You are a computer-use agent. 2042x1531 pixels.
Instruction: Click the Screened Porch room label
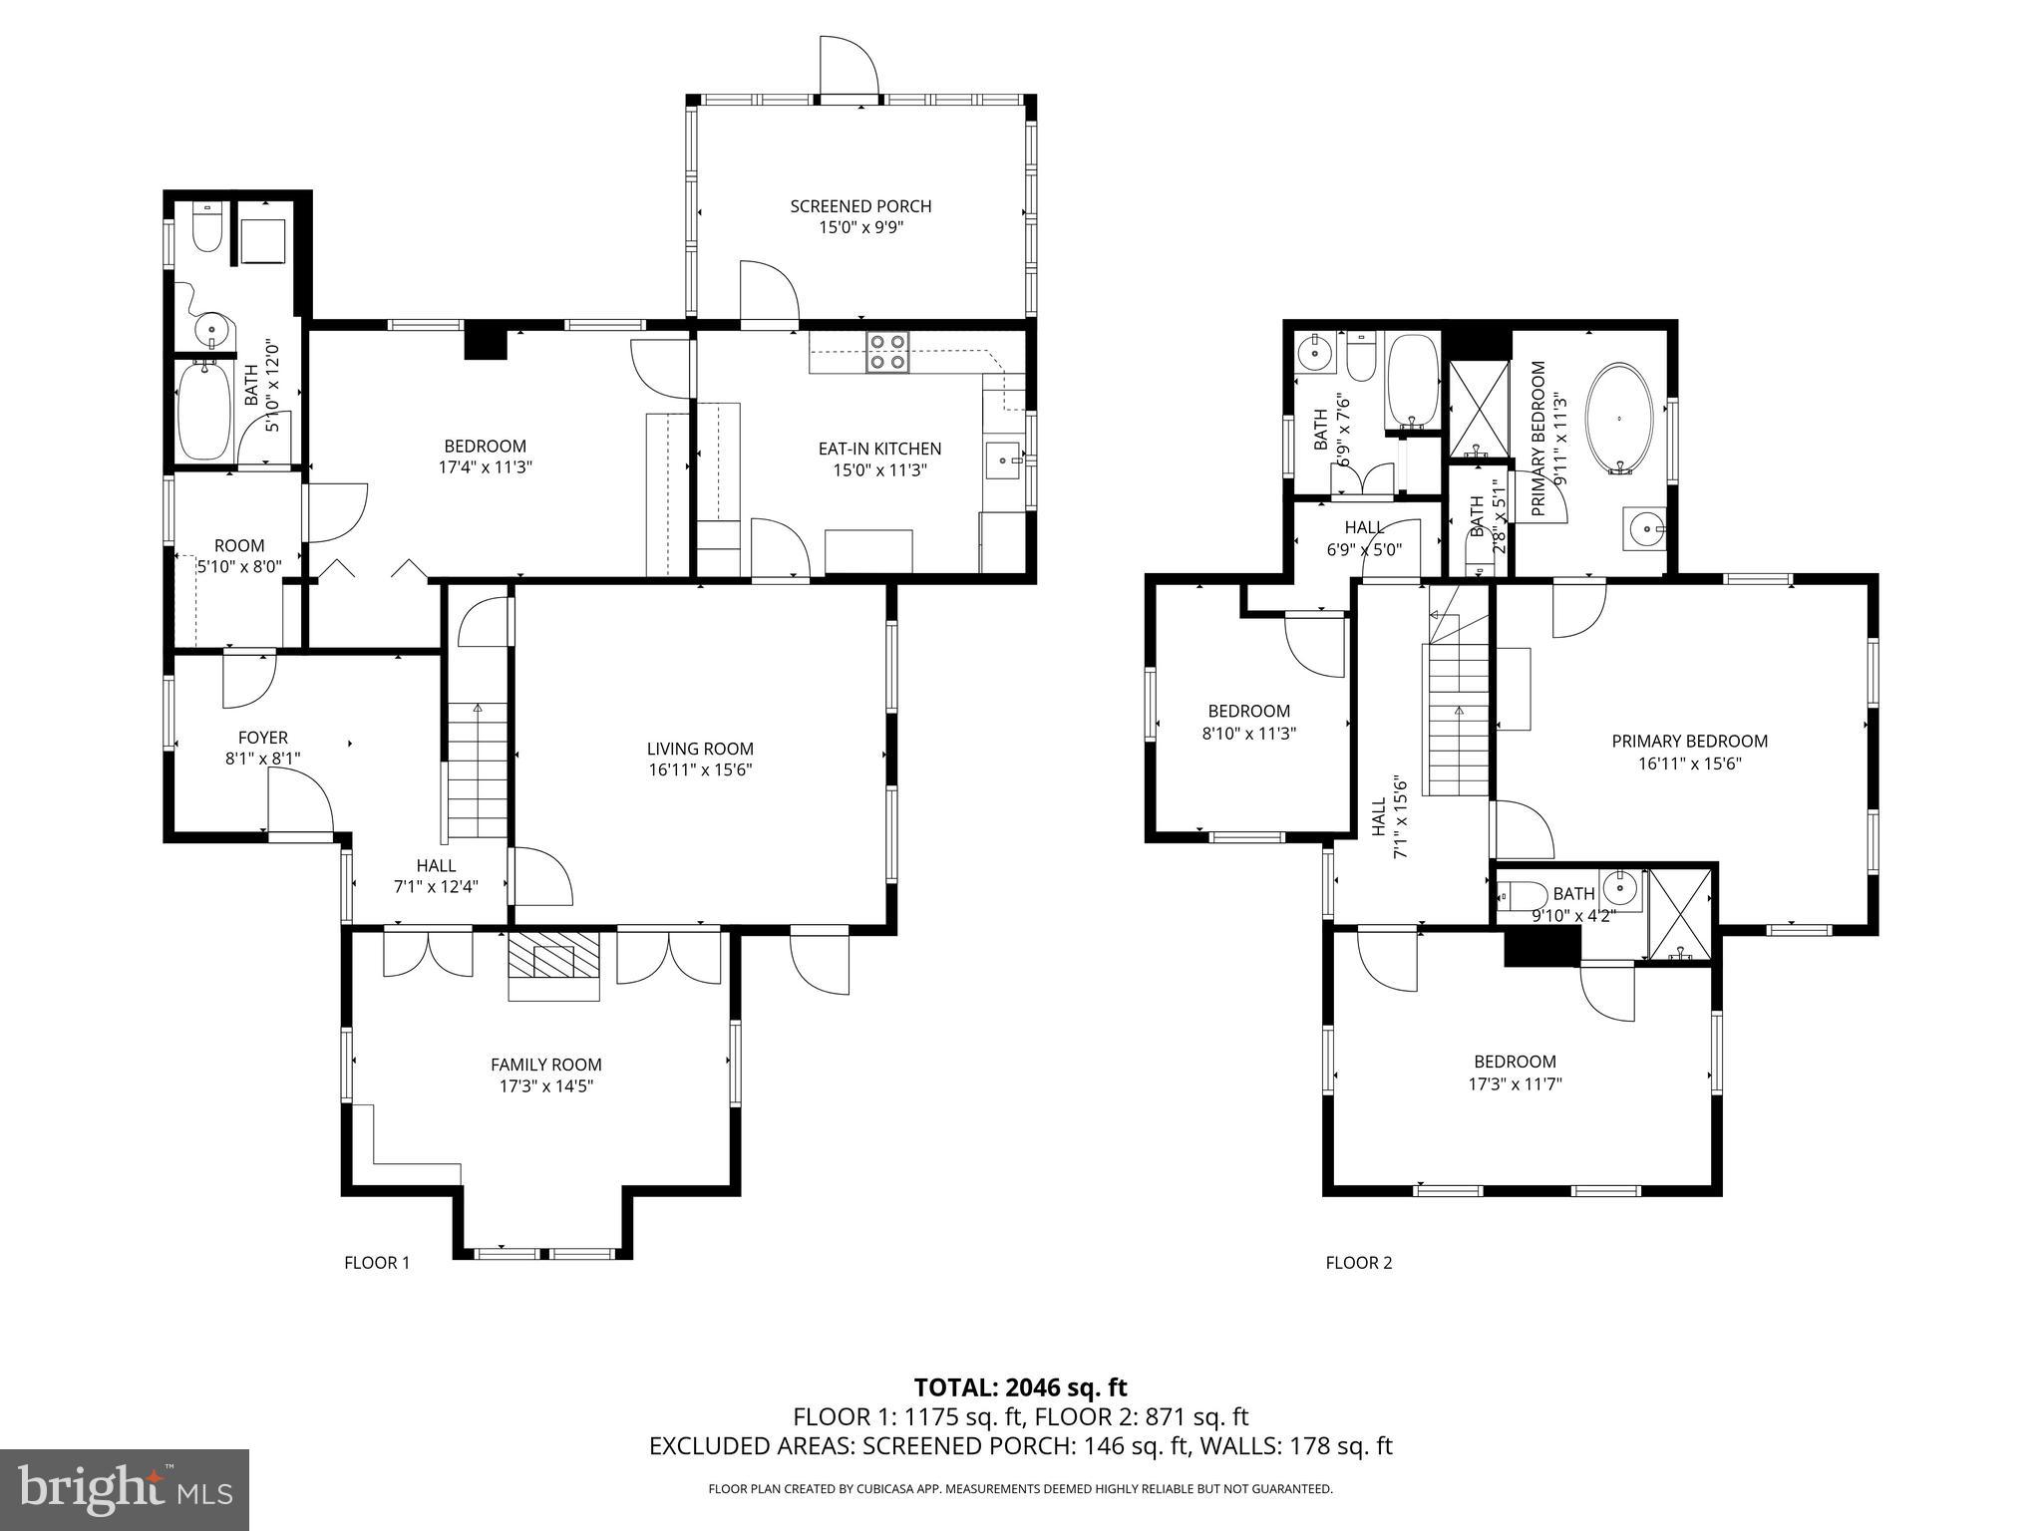pos(860,206)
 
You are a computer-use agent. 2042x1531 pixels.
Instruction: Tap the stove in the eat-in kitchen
pos(888,352)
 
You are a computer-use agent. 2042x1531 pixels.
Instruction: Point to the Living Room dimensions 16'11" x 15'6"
pos(700,769)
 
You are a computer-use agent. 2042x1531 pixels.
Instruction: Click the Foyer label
pos(263,738)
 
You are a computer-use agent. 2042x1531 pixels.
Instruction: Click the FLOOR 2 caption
pos(1358,1263)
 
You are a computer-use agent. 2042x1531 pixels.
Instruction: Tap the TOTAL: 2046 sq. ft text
pos(1020,1387)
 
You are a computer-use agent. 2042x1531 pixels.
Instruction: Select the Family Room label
pos(546,1065)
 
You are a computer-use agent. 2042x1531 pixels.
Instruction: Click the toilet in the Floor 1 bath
pos(207,230)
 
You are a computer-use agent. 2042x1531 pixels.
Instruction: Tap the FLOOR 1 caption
pos(377,1263)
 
